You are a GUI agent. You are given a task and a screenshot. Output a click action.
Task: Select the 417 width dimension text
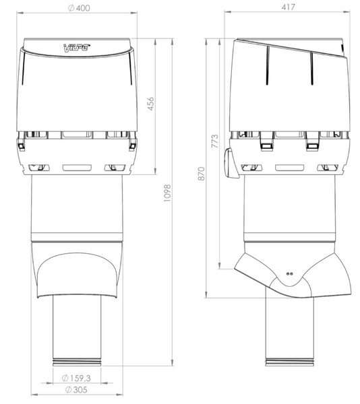290,7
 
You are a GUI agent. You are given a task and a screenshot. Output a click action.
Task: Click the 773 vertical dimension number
216,143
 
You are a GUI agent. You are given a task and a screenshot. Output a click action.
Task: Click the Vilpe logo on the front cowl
76,48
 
